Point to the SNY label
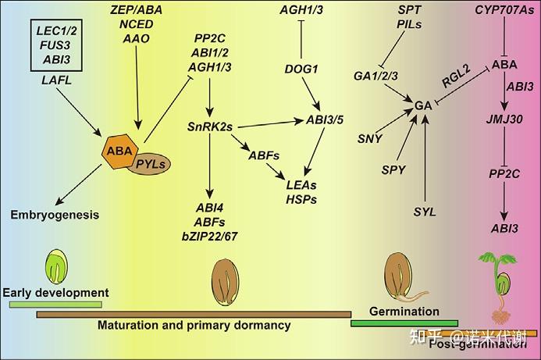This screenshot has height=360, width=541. click(368, 138)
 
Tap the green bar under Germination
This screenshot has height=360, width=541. click(404, 323)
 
